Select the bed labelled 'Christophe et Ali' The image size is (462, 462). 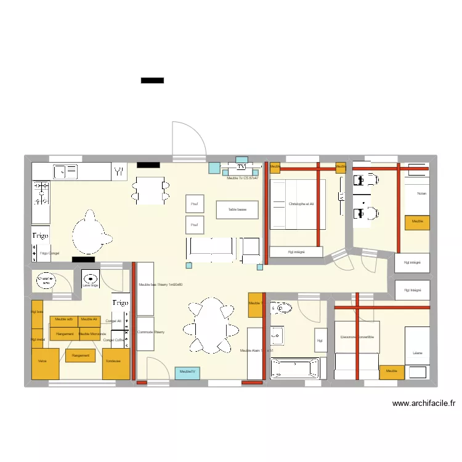tap(297, 205)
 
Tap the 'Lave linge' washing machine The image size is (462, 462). tap(90, 278)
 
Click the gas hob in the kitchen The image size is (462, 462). tap(41, 192)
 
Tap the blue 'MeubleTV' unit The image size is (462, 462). tap(187, 372)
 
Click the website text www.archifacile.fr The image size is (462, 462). tap(424, 404)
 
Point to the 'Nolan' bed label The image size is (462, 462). tap(421, 193)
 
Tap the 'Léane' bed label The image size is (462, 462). tap(418, 353)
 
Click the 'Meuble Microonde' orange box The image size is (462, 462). tap(92, 334)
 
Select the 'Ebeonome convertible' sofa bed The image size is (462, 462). tap(357, 337)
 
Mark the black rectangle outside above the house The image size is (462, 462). tap(152, 80)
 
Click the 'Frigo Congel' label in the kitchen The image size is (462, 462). tap(49, 253)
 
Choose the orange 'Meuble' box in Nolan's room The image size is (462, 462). tap(417, 222)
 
